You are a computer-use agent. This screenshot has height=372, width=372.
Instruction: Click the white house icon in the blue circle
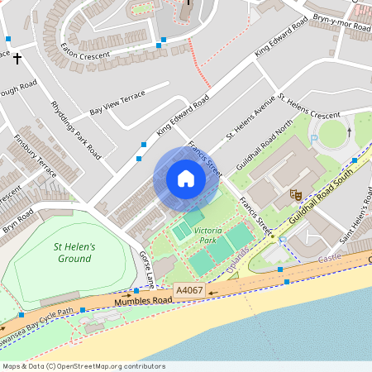click(x=186, y=179)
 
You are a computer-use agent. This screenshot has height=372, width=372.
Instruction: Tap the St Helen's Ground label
click(x=75, y=252)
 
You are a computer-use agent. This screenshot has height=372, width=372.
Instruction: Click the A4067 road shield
click(x=188, y=290)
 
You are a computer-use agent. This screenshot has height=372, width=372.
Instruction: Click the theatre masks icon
click(x=294, y=195)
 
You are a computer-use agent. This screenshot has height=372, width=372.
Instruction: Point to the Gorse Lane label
click(x=146, y=269)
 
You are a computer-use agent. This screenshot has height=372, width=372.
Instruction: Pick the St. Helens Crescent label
click(x=309, y=107)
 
